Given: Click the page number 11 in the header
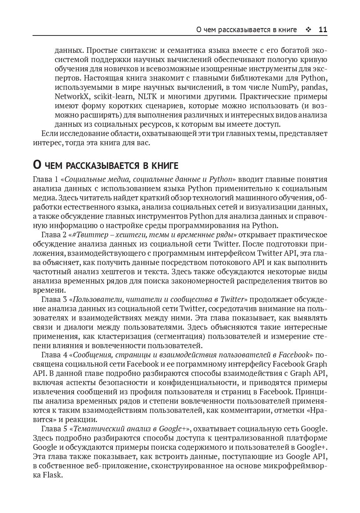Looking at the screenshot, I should [x=323, y=30].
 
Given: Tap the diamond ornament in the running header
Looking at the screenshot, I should [x=308, y=30].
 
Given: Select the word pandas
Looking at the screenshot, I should [x=315, y=88].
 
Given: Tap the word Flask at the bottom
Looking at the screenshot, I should [x=53, y=475].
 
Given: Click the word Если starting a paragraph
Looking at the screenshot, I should [x=49, y=134].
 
